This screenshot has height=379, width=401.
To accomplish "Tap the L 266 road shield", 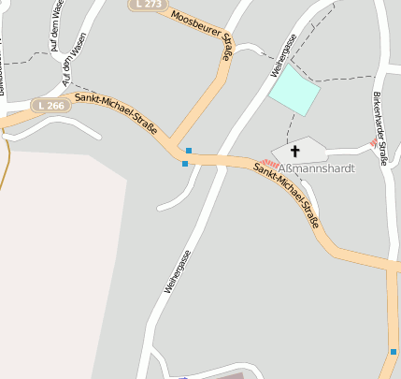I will click(51, 106).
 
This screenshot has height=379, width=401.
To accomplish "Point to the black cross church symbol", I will click(295, 150).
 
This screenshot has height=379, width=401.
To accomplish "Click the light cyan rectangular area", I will click(294, 91).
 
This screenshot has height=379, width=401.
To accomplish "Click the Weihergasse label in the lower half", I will click(177, 271).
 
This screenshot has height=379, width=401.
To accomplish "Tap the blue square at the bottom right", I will click(394, 352).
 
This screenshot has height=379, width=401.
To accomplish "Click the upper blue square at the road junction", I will click(189, 150).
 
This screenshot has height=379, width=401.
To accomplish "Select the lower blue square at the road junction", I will click(185, 164).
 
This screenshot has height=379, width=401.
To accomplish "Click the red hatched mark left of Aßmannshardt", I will click(269, 164).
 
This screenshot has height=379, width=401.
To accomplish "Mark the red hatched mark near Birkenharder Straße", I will click(374, 143).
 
